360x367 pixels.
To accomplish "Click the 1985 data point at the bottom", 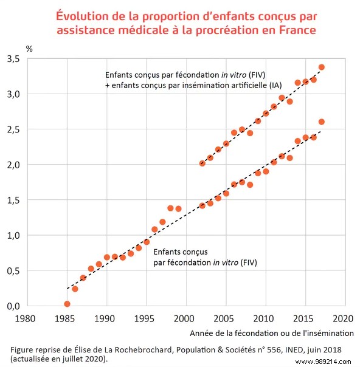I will (x=67, y=304).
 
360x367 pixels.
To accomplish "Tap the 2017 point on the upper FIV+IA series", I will (x=322, y=67).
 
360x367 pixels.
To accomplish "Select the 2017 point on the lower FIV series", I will (x=322, y=122).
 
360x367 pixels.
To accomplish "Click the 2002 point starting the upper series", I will (x=202, y=163).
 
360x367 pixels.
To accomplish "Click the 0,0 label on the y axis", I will (x=13, y=306).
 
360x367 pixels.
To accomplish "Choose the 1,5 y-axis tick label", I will (x=13, y=200).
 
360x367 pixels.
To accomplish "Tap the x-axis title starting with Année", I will (x=271, y=333).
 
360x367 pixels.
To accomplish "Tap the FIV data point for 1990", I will (x=107, y=257).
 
